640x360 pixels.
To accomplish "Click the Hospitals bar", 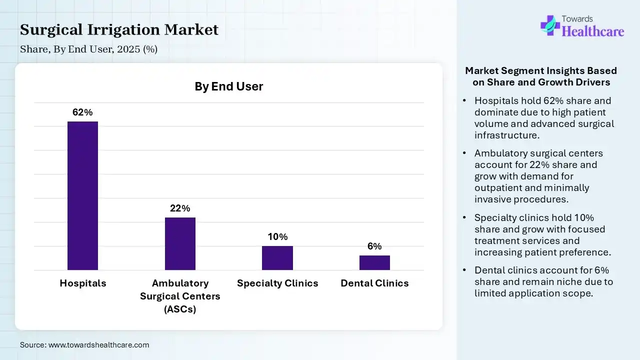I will tap(82, 195).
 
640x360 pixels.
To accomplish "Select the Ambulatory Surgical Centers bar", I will tap(180, 243).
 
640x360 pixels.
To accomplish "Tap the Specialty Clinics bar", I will tap(277, 258).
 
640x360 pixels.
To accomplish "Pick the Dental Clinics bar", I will tap(374, 262).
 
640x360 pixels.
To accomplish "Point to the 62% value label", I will tap(82, 112).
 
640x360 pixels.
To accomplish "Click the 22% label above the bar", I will tap(180, 208).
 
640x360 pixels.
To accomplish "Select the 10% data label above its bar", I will tap(277, 237).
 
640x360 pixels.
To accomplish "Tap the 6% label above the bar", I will tap(374, 246).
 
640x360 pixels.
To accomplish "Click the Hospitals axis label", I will tap(83, 283).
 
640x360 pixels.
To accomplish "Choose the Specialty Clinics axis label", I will tap(277, 283).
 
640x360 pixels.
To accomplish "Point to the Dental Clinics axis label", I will tap(374, 283).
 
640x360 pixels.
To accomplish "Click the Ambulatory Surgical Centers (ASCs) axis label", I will tap(180, 296).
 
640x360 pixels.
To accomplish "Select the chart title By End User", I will tap(228, 86).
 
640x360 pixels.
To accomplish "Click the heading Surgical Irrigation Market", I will tap(119, 30).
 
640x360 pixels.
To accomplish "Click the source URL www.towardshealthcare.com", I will tap(98, 345).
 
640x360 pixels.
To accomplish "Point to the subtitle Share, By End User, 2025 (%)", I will tap(88, 49).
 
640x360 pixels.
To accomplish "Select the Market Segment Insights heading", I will tap(541, 76).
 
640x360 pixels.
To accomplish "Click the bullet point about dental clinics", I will tap(543, 281).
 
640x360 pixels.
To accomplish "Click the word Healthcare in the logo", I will tap(593, 31).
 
